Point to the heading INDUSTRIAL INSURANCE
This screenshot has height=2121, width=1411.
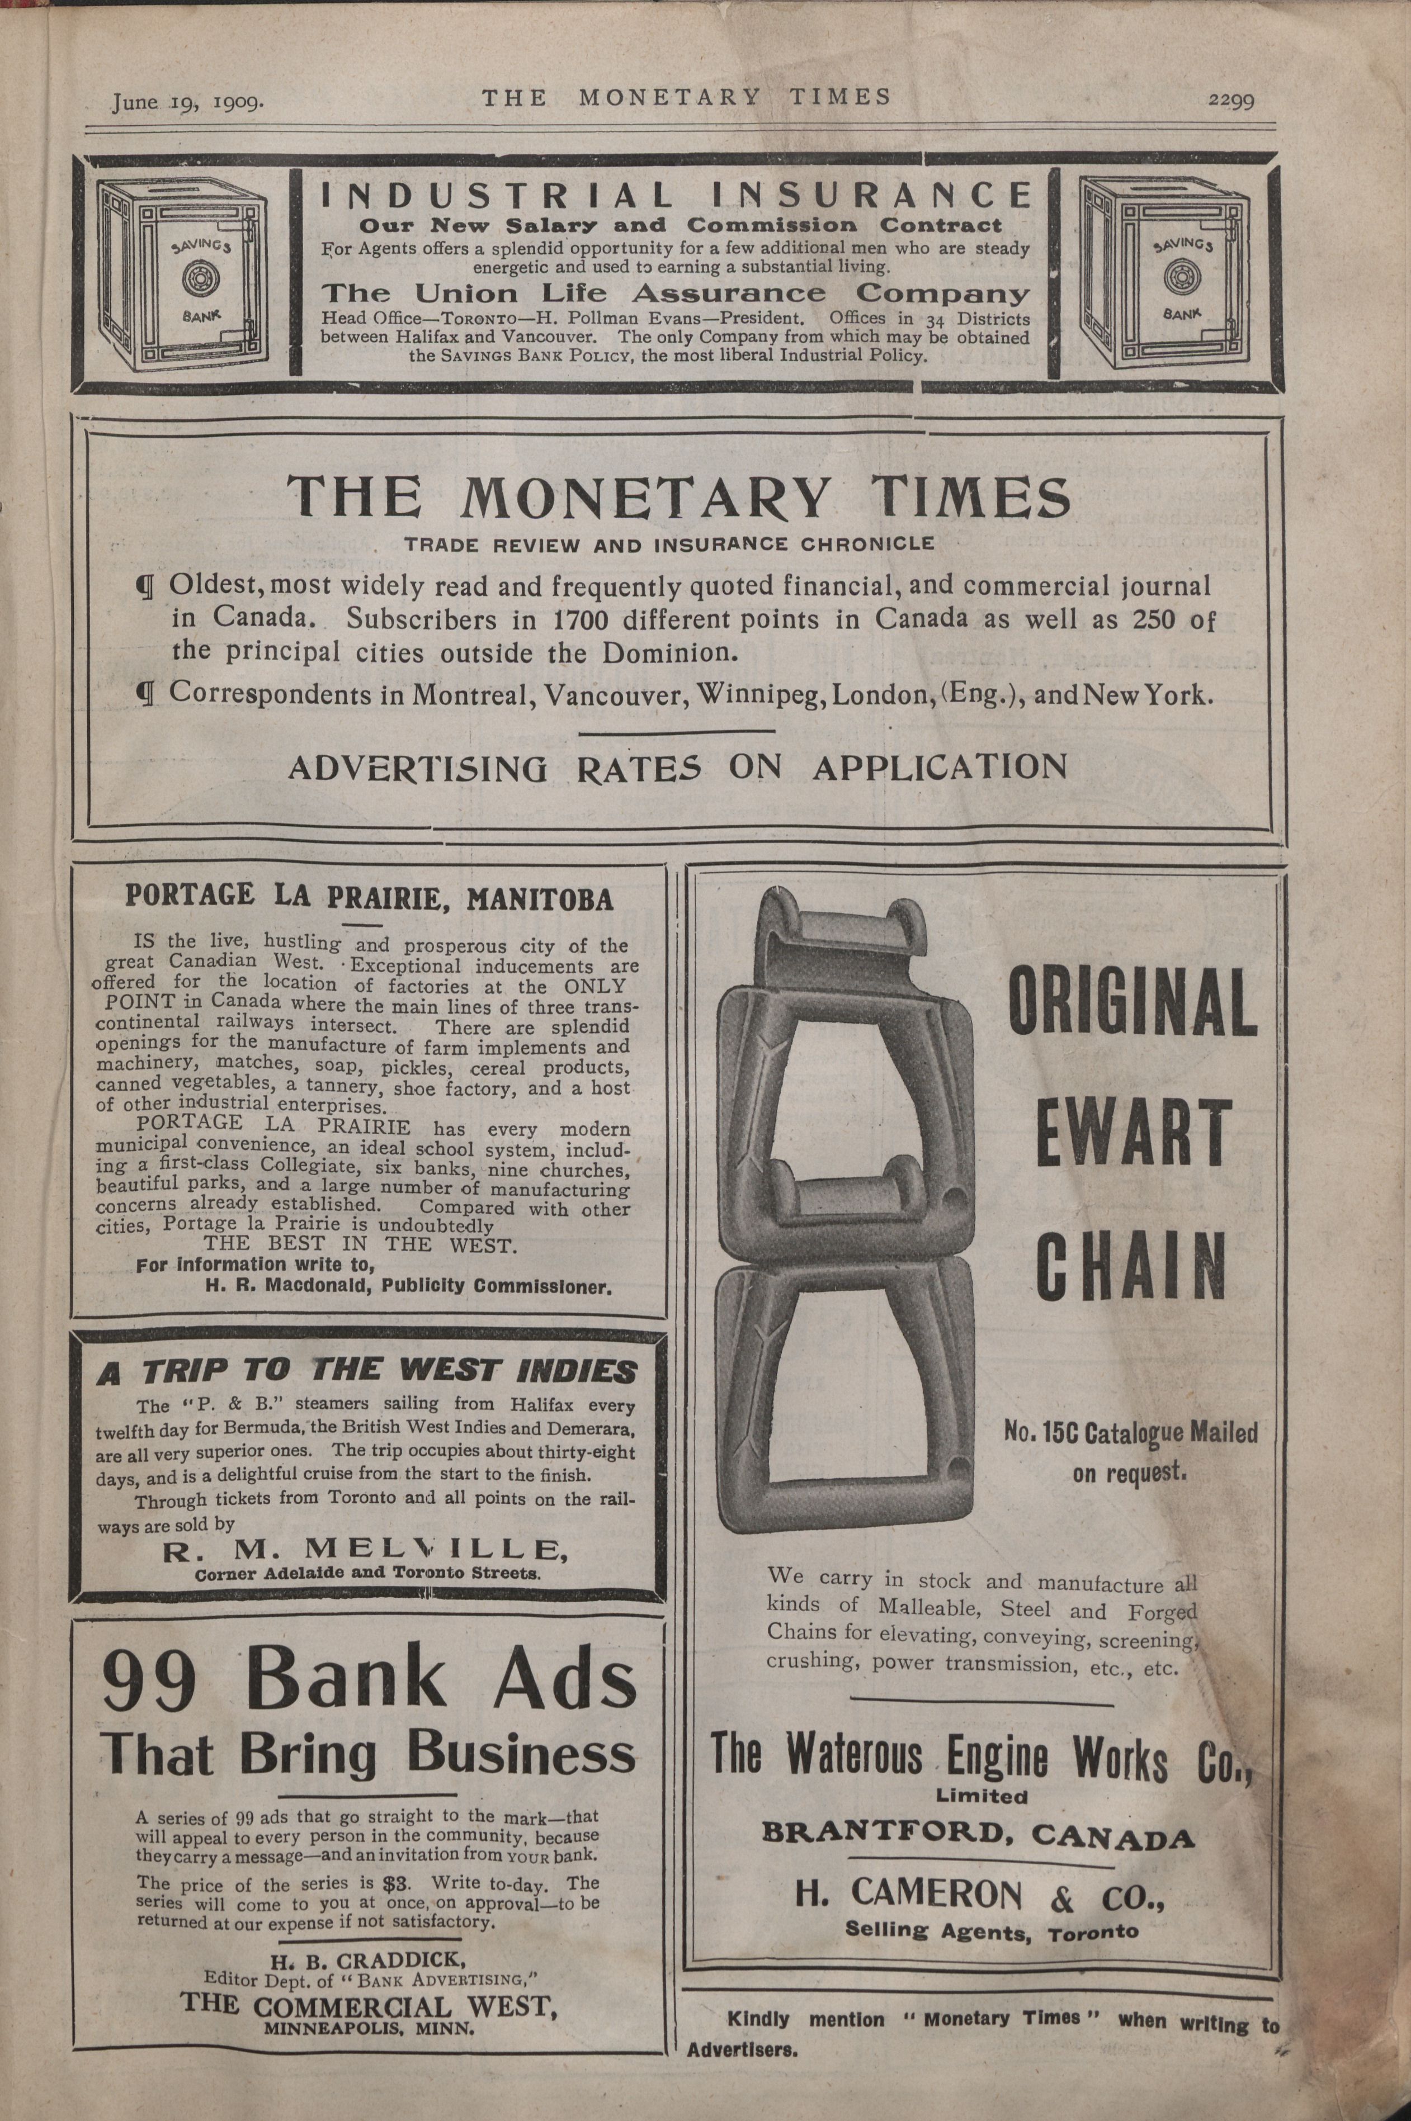675,195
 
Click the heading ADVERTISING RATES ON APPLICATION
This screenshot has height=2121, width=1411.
678,767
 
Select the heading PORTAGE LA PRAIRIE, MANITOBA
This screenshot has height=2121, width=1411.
369,898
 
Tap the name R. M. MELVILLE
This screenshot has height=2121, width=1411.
366,1549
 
